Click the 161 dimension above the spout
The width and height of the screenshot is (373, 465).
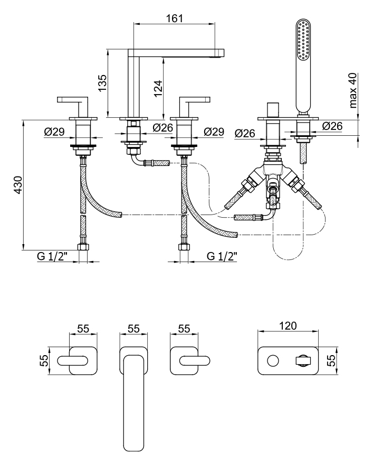[x=175, y=18]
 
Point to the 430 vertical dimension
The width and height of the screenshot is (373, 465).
[x=17, y=184]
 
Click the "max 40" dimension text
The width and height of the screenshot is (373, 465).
[x=353, y=90]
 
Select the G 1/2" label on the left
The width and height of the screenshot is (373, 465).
[x=53, y=257]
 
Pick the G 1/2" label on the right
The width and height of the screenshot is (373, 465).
[x=222, y=257]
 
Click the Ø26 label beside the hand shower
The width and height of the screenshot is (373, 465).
[x=332, y=126]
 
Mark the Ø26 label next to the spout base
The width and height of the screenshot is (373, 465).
[x=163, y=127]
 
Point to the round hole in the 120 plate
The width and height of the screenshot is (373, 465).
[x=272, y=361]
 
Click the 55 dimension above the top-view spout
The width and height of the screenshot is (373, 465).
[x=133, y=329]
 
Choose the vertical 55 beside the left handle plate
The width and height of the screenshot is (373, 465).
[x=45, y=361]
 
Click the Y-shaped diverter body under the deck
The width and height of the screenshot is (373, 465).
[x=272, y=174]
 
